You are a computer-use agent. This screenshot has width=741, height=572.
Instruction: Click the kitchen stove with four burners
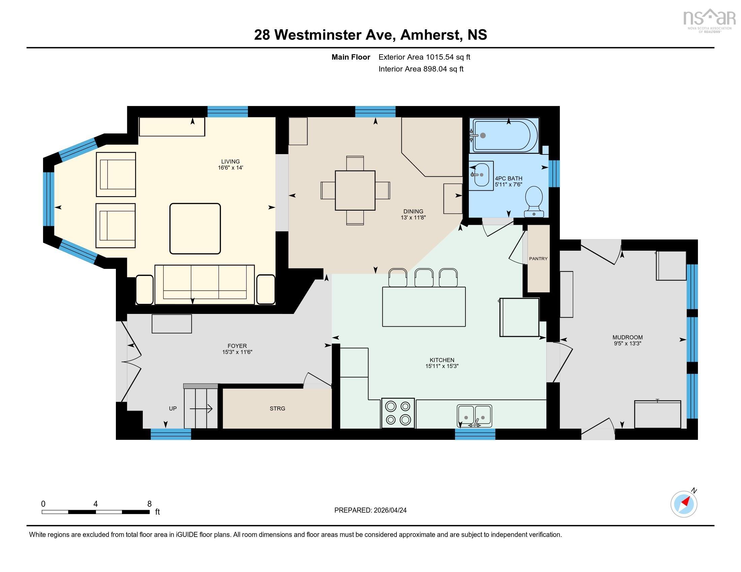tap(398, 413)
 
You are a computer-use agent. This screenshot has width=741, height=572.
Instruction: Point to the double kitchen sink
tap(474, 416)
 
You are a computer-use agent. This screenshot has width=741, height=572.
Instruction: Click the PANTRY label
tap(538, 258)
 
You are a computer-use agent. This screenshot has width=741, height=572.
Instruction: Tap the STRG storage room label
tap(277, 408)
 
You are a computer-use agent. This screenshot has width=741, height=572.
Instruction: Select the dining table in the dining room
tap(355, 190)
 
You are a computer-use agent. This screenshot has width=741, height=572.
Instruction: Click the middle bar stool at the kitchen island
tap(424, 277)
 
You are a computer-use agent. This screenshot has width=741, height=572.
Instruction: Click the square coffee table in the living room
tap(195, 228)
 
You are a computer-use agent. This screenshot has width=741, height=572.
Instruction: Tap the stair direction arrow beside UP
tap(201, 409)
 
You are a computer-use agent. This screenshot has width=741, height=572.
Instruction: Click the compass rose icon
tap(684, 504)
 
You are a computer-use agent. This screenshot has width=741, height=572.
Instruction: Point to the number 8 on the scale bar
tap(149, 504)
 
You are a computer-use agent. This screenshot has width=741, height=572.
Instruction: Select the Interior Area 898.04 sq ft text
tap(421, 69)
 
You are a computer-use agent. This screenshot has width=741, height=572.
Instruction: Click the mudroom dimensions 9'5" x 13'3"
tap(627, 343)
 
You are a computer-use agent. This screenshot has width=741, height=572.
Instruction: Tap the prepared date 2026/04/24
tap(390, 510)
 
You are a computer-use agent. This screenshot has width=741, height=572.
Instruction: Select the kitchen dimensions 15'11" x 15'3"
tap(442, 366)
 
